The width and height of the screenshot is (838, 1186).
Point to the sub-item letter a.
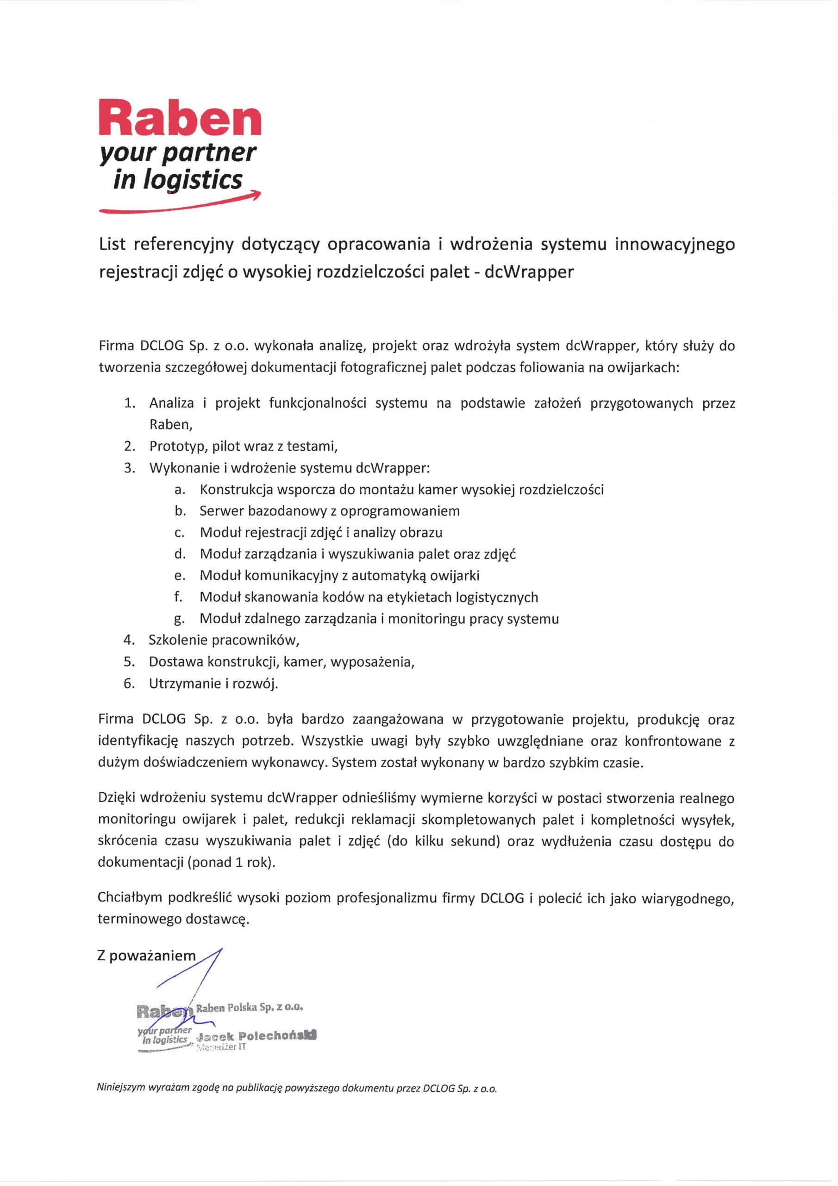pos(179,489)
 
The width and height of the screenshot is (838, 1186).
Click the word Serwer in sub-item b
pos(221,511)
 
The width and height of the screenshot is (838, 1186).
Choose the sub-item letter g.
pos(179,619)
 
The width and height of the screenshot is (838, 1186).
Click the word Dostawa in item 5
pos(176,662)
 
